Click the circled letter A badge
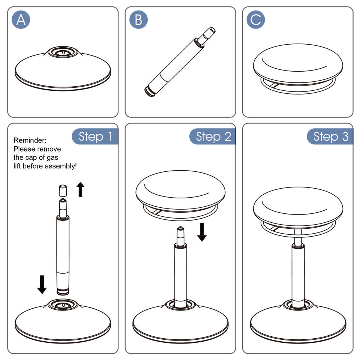point(21,20)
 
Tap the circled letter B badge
point(138,20)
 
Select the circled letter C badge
point(256,20)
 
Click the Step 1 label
point(95,136)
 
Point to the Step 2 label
point(213,136)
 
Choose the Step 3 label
point(330,136)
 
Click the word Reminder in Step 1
point(30,140)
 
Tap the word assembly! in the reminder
point(61,166)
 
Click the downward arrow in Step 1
point(42,284)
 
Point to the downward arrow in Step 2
point(202,232)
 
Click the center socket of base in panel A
point(63,52)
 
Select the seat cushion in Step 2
point(180,191)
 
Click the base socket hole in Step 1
point(63,305)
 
